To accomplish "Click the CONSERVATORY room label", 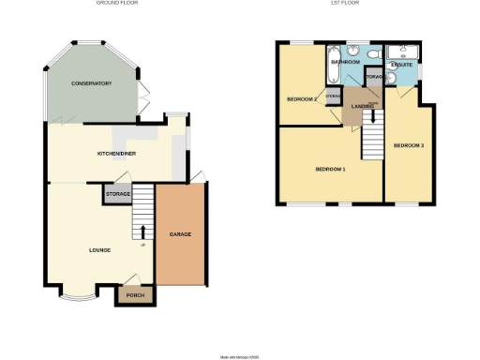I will pyautogui.click(x=92, y=83).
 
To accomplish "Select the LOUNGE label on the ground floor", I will pyautogui.click(x=99, y=250).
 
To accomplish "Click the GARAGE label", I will pyautogui.click(x=180, y=233).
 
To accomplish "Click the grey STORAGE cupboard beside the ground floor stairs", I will pyautogui.click(x=117, y=194).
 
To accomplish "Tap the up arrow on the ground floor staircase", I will pyautogui.click(x=142, y=232).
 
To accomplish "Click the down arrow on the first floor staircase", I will pyautogui.click(x=373, y=114).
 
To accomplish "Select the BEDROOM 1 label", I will pyautogui.click(x=330, y=169).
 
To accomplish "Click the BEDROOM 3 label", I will pyautogui.click(x=409, y=145).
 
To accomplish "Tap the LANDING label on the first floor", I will pyautogui.click(x=362, y=105).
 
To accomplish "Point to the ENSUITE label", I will pyautogui.click(x=402, y=65).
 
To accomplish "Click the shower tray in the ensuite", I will pyautogui.click(x=409, y=52).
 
